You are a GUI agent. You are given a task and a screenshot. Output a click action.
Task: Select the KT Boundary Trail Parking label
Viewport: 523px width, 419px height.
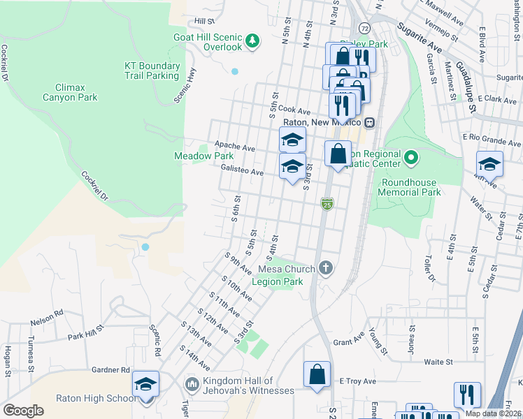click(152, 71)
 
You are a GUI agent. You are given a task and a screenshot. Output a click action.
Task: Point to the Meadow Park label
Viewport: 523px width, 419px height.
click(203, 156)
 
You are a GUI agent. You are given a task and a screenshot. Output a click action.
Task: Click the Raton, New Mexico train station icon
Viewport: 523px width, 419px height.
click(369, 122)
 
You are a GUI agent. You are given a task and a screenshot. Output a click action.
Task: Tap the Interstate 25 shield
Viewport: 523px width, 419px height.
click(327, 203)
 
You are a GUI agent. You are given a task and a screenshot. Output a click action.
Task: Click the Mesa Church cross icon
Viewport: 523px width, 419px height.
click(325, 267)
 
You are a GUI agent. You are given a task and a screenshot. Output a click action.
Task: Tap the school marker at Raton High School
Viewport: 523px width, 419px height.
click(146, 386)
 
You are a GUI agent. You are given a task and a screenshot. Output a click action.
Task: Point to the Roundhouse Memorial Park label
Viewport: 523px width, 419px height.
click(410, 187)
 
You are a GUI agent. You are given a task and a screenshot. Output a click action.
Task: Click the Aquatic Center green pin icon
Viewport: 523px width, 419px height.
click(411, 159)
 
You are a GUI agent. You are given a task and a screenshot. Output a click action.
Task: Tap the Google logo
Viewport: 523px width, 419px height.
click(23, 411)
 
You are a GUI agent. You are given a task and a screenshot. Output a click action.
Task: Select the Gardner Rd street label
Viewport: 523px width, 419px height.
click(110, 369)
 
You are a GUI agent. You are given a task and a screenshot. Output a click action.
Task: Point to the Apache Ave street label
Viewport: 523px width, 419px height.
click(235, 147)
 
